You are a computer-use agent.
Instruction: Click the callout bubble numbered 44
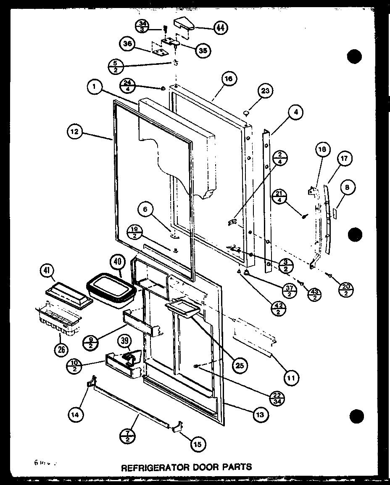tap(219, 28)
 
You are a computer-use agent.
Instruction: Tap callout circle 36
tap(126, 43)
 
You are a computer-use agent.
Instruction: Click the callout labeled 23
tap(266, 91)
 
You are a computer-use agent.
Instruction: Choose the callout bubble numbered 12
tap(75, 132)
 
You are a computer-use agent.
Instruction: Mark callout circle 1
tap(95, 88)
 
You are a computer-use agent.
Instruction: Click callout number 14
tap(75, 414)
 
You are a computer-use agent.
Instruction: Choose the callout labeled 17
tap(344, 159)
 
